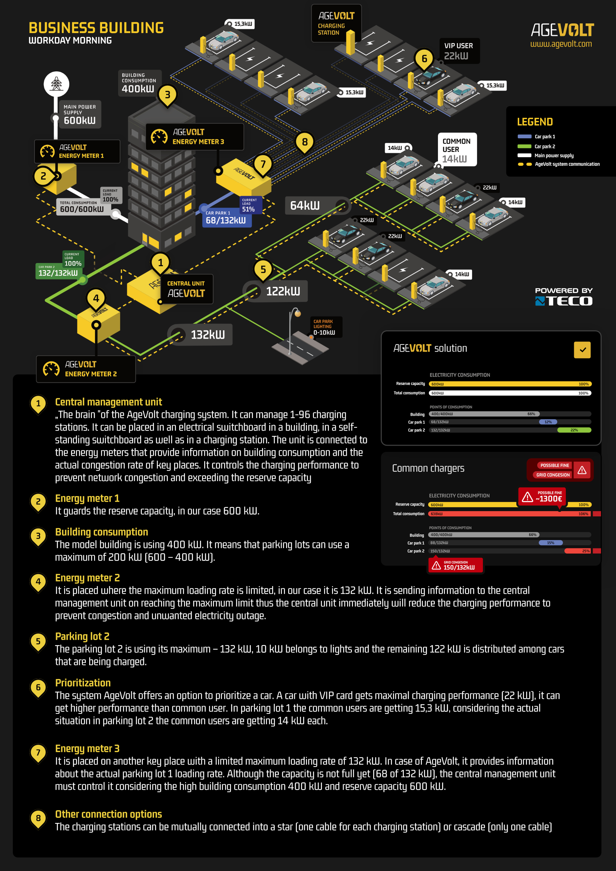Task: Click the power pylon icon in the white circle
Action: click(56, 84)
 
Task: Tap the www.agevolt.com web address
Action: click(561, 44)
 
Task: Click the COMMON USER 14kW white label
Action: click(457, 149)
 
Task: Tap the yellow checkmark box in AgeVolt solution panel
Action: click(582, 350)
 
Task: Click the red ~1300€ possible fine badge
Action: click(542, 496)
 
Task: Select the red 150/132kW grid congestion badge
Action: click(455, 565)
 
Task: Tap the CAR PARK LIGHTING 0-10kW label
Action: click(324, 327)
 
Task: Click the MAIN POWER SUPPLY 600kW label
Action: click(80, 114)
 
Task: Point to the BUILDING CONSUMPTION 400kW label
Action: click(139, 83)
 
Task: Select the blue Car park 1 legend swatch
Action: click(524, 137)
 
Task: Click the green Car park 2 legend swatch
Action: click(524, 146)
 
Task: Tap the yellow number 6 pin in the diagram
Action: click(424, 59)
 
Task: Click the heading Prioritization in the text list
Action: click(83, 683)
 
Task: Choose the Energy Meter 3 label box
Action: click(194, 137)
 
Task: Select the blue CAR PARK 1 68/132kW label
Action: click(226, 218)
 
